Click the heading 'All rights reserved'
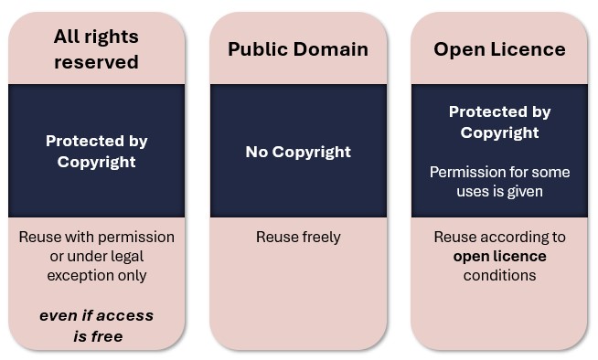(x=96, y=49)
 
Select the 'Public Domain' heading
(x=298, y=49)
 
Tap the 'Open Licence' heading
(x=499, y=49)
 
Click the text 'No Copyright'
(x=298, y=152)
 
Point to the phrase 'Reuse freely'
(x=298, y=237)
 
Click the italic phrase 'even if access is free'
(x=96, y=325)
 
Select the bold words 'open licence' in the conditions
(x=499, y=256)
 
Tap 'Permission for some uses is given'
(x=499, y=182)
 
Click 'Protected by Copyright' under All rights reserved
(x=96, y=152)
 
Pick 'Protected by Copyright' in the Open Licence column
(x=499, y=122)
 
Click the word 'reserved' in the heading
(x=96, y=62)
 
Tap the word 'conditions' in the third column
(x=499, y=275)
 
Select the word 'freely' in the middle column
(x=318, y=237)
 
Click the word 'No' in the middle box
(x=257, y=152)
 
